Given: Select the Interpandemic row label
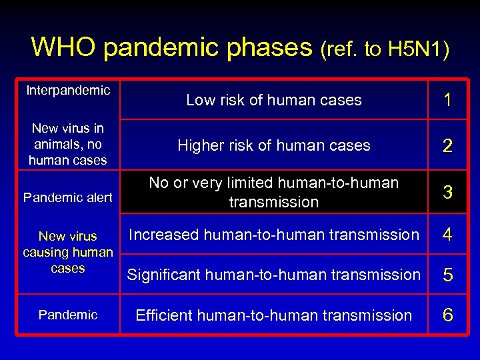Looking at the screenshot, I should (x=68, y=91).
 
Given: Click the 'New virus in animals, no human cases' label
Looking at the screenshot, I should (x=68, y=144).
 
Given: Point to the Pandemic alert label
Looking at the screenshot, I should (x=68, y=197).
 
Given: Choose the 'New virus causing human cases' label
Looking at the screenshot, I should (x=68, y=252).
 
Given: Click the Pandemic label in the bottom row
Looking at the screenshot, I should (x=68, y=315).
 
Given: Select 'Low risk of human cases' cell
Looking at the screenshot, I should (x=273, y=100).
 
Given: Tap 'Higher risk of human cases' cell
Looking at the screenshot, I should (x=273, y=145).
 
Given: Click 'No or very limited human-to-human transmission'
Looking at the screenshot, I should (x=273, y=192).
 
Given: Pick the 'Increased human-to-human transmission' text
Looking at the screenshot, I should (x=273, y=235).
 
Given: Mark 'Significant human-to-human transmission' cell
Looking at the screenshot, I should (x=273, y=275).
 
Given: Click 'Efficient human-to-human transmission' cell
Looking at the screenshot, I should (x=273, y=315).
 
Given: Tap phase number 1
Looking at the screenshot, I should (x=448, y=100).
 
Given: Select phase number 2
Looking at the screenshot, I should (x=448, y=146).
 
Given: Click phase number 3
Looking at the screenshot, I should (x=448, y=193).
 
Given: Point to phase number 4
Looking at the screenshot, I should (x=448, y=235).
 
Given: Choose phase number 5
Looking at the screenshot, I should (x=448, y=275).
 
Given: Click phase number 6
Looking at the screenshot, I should (x=448, y=315).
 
